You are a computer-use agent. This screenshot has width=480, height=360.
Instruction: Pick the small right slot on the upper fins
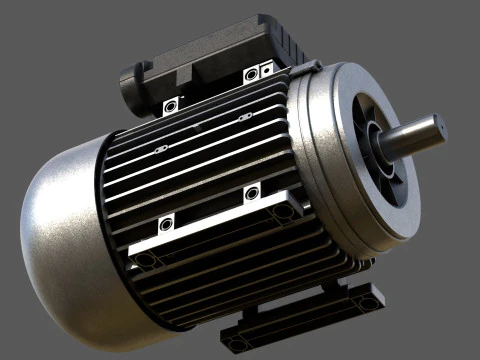click(x=241, y=119)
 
